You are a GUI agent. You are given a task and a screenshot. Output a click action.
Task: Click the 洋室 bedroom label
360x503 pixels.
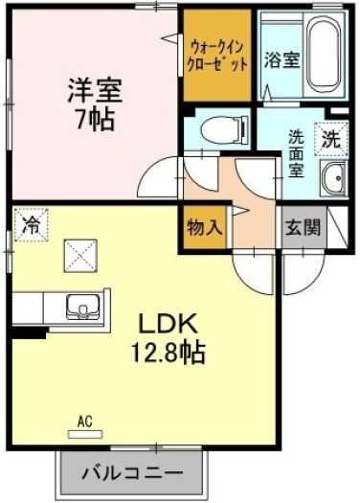95,90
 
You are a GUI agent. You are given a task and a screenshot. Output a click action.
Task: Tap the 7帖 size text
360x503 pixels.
95,119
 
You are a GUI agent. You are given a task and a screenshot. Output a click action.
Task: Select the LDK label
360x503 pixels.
167,324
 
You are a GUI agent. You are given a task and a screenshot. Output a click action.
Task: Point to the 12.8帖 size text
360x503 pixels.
168,352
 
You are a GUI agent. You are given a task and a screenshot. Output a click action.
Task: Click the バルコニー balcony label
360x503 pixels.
132,473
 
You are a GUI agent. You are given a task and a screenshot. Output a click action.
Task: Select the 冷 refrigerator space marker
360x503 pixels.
32,224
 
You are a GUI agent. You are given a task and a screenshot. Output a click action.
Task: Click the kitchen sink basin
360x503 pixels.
83,308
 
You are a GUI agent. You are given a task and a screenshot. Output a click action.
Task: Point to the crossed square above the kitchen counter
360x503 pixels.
80,256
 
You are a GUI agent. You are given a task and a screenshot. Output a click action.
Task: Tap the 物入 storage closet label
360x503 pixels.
205,228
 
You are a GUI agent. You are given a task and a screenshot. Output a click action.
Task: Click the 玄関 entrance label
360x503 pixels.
303,227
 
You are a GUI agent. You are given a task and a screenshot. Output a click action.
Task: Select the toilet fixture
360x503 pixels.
225,130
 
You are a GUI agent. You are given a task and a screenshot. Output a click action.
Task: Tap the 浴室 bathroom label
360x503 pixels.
281,59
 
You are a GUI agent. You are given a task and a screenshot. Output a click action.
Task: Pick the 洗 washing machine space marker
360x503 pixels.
331,139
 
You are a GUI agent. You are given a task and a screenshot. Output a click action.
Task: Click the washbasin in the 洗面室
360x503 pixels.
334,178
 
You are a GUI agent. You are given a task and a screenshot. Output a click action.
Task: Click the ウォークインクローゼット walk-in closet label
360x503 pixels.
217,56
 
